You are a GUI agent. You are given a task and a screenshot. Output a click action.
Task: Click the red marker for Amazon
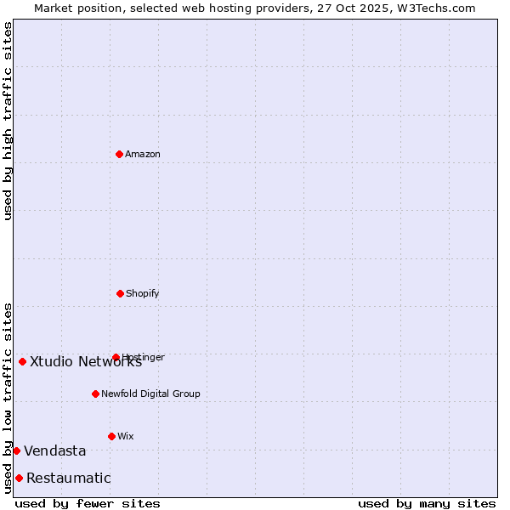tap(119, 154)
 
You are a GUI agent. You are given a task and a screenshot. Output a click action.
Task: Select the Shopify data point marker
tap(120, 293)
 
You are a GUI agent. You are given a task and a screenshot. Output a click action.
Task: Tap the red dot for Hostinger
tap(116, 357)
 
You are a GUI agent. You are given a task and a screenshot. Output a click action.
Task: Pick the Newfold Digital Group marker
tap(95, 394)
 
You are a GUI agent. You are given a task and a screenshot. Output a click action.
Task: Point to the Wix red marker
tap(111, 436)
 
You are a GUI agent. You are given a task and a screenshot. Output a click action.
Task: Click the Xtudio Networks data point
tap(22, 361)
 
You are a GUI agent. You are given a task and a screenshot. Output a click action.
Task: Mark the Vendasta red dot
tap(16, 450)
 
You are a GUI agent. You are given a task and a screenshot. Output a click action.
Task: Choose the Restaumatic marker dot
tap(19, 478)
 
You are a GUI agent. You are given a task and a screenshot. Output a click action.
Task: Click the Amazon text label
tap(143, 154)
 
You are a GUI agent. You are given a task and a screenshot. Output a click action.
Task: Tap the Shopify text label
tap(143, 293)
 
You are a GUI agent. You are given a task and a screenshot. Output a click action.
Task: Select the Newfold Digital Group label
tap(150, 394)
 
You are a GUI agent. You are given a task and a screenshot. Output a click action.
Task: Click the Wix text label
tap(126, 436)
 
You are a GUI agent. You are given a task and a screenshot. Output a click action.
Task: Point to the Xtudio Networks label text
tap(85, 361)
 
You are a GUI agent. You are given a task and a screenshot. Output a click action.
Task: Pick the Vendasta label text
tap(54, 450)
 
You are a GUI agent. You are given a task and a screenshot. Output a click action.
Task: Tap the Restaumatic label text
tap(68, 478)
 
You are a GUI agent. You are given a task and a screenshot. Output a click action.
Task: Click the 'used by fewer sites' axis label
tap(88, 503)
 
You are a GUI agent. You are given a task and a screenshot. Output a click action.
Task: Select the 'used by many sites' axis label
tap(427, 503)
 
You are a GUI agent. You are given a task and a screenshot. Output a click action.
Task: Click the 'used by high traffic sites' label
tap(8, 121)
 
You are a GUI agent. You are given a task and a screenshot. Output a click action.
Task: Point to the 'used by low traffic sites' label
tap(8, 397)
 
